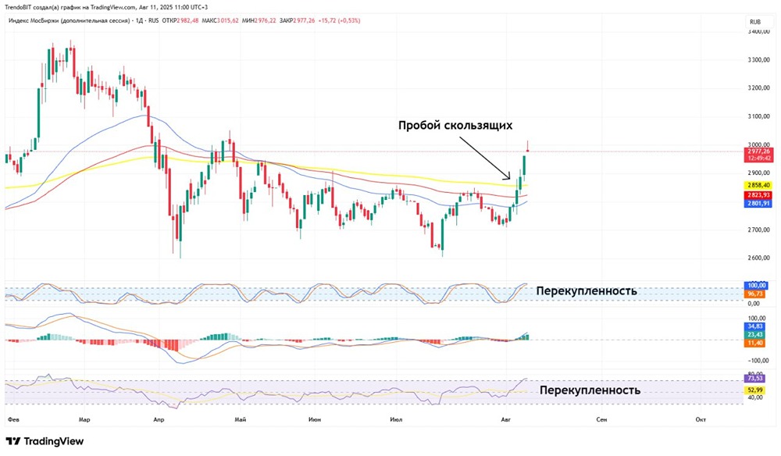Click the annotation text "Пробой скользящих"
click(455, 125)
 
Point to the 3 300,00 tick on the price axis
click(761, 60)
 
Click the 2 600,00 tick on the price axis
click(761, 258)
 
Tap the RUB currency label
click(754, 22)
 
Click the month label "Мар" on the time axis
click(85, 419)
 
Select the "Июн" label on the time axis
click(314, 419)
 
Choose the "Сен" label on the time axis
click(601, 419)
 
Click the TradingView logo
click(45, 441)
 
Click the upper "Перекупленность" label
click(587, 291)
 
